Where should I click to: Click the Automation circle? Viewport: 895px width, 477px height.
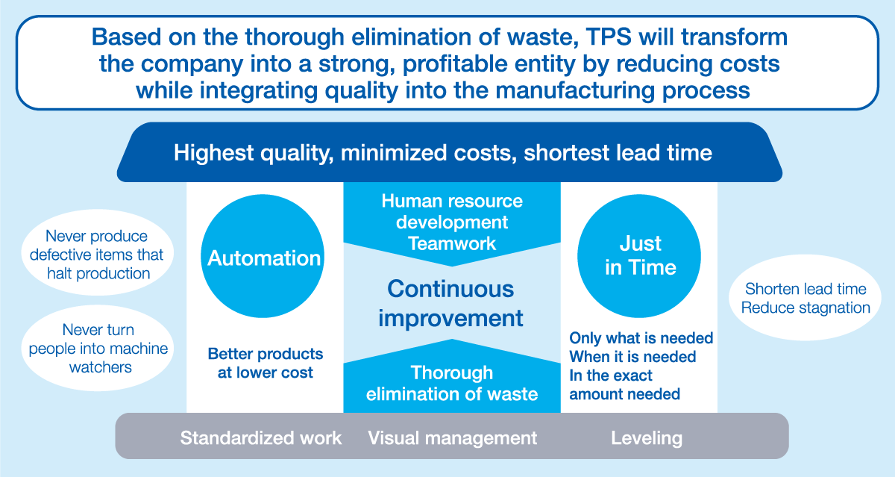pos(263,256)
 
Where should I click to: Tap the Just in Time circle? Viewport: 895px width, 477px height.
pos(639,256)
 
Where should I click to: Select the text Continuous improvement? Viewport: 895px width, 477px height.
pos(450,304)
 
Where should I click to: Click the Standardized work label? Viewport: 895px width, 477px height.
pos(261,438)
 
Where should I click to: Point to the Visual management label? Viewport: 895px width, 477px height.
pos(452,438)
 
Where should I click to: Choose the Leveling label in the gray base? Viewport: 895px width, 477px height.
pos(647,438)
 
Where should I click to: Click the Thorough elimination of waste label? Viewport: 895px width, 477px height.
pos(452,384)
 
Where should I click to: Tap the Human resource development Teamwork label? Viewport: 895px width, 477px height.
pos(452,222)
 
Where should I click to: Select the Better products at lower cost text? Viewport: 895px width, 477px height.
pos(266,363)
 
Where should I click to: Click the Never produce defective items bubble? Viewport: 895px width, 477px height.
pos(97,253)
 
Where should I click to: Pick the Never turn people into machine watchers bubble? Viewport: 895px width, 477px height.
pos(97,349)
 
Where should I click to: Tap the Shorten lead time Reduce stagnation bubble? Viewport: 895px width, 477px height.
pos(805,298)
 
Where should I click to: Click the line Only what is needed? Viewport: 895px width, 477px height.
pos(641,338)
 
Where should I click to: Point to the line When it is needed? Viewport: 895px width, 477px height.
pos(632,357)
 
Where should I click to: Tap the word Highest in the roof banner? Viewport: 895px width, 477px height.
pos(214,153)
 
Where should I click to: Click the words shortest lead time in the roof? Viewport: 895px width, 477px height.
pos(618,153)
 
